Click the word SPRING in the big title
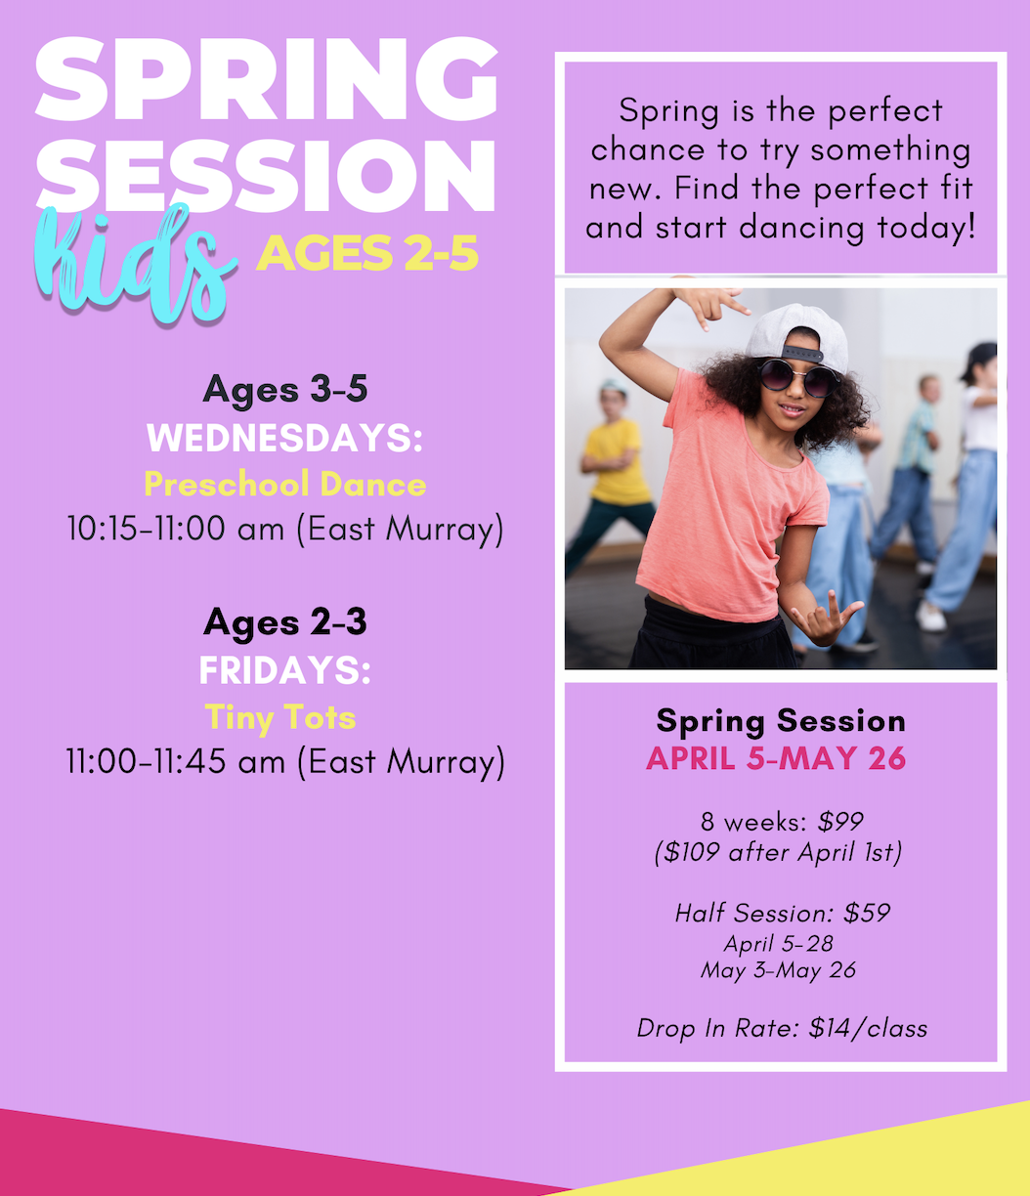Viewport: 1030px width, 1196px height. pos(267,80)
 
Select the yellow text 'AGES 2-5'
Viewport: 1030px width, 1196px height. pos(367,253)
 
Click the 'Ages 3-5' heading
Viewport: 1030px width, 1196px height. pos(285,390)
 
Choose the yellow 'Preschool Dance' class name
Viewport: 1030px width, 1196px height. pos(285,485)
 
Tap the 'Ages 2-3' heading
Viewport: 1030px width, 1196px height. pos(285,623)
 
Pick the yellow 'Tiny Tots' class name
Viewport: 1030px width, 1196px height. pos(280,717)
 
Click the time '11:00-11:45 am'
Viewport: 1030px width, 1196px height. pos(176,761)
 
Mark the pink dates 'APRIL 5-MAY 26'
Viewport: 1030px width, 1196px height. pos(776,758)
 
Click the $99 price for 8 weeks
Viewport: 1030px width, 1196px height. pos(840,822)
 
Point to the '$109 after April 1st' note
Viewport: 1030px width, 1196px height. pos(778,853)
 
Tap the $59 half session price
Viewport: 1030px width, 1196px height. pos(867,914)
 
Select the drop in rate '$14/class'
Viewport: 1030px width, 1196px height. pos(868,1029)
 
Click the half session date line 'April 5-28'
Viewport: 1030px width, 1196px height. pos(778,944)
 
